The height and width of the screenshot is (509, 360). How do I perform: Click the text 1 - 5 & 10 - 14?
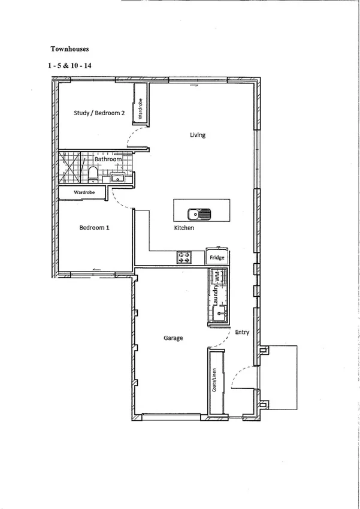click(x=71, y=67)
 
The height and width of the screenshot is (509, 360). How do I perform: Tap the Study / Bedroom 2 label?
click(x=99, y=113)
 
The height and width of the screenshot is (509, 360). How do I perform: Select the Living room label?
click(x=198, y=135)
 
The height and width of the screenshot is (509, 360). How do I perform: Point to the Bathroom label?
click(x=108, y=159)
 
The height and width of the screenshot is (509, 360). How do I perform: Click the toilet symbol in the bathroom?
click(x=93, y=174)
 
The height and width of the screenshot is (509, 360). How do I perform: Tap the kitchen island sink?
click(x=198, y=214)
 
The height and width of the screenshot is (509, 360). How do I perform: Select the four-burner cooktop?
click(x=184, y=258)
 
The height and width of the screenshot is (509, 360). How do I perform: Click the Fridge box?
click(x=217, y=258)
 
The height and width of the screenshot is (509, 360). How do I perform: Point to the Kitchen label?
click(x=184, y=229)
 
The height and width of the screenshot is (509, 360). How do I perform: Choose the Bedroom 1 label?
click(x=95, y=227)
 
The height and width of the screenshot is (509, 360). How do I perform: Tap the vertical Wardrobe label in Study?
click(x=140, y=109)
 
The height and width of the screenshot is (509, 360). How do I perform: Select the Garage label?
click(x=173, y=338)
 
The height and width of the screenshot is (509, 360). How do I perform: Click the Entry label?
click(x=242, y=332)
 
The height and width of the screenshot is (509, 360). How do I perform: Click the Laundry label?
click(x=214, y=295)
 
